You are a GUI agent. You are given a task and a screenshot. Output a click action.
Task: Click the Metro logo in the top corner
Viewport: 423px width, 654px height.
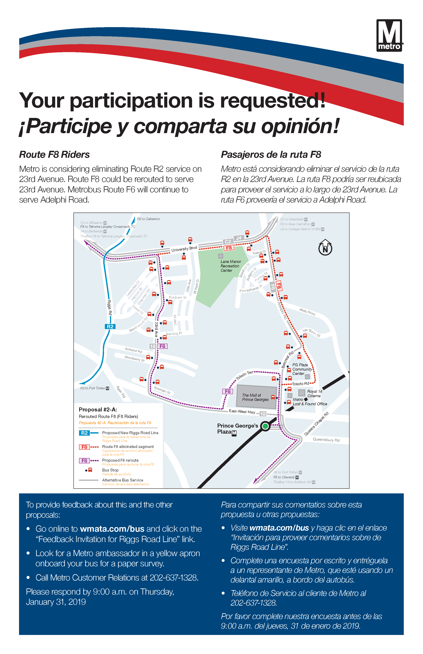389,35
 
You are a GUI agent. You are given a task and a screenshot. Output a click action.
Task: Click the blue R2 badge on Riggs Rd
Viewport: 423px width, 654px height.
110,326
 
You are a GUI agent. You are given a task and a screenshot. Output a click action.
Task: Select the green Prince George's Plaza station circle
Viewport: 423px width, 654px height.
265,426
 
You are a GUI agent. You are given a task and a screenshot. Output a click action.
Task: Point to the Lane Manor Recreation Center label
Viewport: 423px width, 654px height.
231,266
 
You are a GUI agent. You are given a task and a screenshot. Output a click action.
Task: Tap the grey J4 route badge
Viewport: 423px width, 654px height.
239,238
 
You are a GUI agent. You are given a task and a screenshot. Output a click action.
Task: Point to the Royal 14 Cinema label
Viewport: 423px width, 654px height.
314,394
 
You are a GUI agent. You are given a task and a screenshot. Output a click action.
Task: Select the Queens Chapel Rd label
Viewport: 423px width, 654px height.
316,424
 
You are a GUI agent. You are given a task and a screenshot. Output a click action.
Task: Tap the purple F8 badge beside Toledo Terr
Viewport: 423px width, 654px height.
228,391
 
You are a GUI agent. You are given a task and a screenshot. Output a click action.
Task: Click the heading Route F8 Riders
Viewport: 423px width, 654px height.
54,155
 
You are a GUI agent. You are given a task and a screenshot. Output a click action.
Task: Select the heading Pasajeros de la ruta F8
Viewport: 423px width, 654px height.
271,155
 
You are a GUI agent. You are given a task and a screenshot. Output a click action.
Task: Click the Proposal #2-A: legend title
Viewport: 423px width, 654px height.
98,410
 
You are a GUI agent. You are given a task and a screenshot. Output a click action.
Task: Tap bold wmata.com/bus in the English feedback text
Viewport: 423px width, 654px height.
112,529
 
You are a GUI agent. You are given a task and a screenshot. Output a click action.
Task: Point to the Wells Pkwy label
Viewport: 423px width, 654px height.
307,312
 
